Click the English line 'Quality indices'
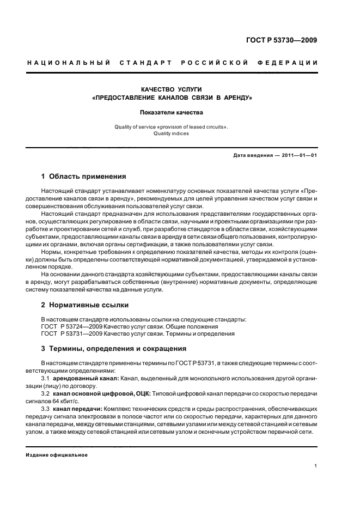click(172, 133)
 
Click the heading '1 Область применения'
click(84, 177)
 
